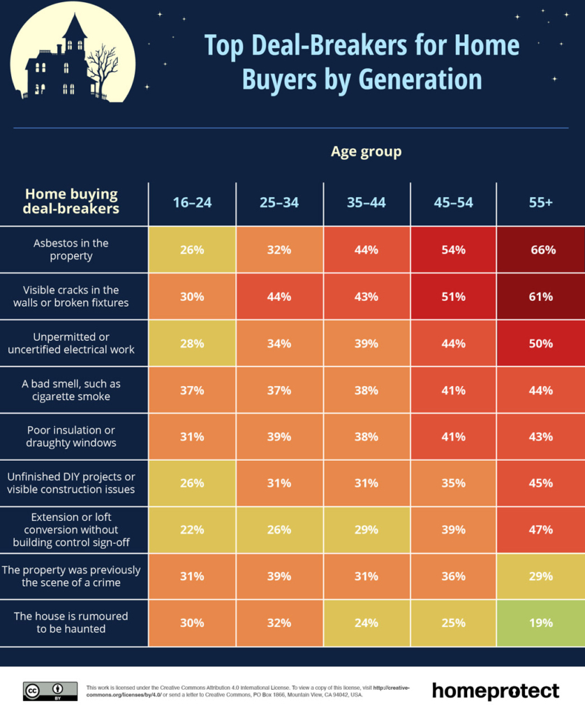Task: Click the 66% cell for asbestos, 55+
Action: (x=542, y=249)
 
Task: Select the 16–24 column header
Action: (x=192, y=202)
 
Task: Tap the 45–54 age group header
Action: (x=453, y=202)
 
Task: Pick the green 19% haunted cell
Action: (x=542, y=623)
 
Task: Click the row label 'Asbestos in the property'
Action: (x=71, y=249)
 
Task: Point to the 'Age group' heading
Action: (x=366, y=151)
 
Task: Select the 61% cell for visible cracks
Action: (x=542, y=296)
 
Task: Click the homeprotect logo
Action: (x=495, y=691)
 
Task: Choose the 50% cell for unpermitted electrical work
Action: (x=542, y=344)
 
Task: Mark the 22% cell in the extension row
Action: (x=192, y=529)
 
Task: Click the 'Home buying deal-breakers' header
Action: (x=71, y=201)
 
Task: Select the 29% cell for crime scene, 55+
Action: (x=542, y=576)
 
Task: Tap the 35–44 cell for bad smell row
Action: (x=366, y=390)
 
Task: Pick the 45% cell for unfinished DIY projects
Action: (x=542, y=482)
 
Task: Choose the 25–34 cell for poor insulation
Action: (x=279, y=436)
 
